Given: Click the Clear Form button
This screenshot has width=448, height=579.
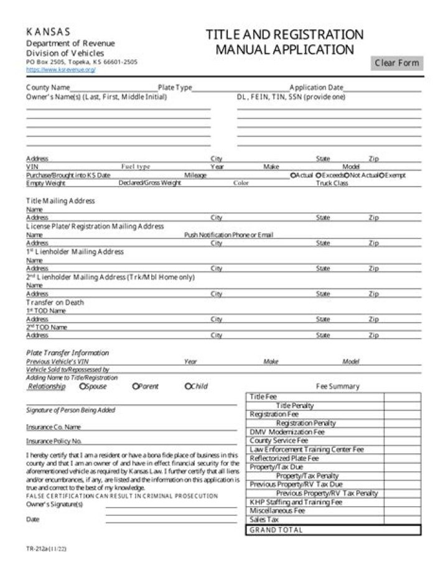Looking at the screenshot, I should pyautogui.click(x=397, y=63).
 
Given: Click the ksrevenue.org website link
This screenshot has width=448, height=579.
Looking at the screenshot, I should pyautogui.click(x=60, y=70).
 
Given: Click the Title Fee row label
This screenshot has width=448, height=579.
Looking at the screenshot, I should pyautogui.click(x=263, y=397).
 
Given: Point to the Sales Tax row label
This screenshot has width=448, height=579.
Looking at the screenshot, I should pyautogui.click(x=264, y=519).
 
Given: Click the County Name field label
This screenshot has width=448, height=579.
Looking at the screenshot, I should pyautogui.click(x=48, y=88).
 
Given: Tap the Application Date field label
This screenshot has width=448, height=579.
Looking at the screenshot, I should pyautogui.click(x=316, y=88).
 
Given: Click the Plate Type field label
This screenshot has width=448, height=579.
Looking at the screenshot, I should pyautogui.click(x=175, y=88).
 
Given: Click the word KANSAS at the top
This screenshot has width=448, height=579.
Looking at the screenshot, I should pyautogui.click(x=48, y=32).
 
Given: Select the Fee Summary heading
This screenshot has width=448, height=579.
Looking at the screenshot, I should pyautogui.click(x=338, y=386).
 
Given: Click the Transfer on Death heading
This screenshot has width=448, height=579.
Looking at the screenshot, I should pyautogui.click(x=55, y=302).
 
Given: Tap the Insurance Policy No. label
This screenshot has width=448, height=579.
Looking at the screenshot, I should pyautogui.click(x=54, y=441).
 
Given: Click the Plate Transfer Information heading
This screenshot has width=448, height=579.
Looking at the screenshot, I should pyautogui.click(x=67, y=353).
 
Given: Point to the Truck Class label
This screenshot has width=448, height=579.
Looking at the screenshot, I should pyautogui.click(x=332, y=183).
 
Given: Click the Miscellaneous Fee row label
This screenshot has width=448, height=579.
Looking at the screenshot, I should pyautogui.click(x=277, y=511).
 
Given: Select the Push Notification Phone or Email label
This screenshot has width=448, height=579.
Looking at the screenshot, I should pyautogui.click(x=228, y=235).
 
